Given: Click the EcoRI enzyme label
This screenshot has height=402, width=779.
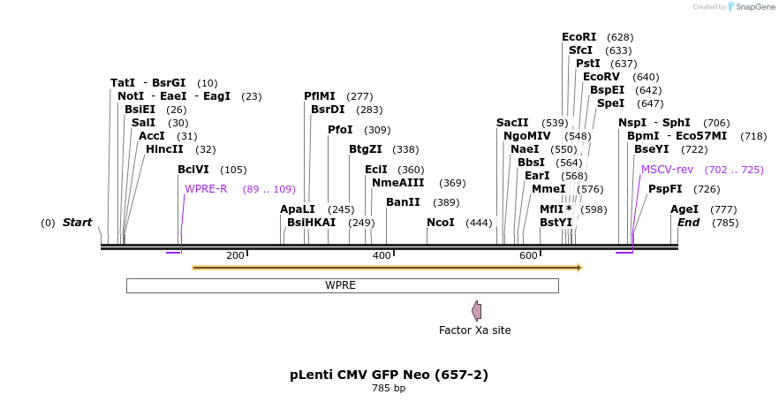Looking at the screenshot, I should click(579, 37).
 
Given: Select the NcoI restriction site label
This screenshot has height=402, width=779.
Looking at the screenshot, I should click(440, 223).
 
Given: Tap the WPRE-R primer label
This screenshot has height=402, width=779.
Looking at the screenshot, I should click(206, 189).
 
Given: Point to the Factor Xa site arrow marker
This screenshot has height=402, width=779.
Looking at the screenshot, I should click(477, 310).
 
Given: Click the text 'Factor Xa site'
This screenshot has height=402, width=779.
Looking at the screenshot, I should click(474, 330).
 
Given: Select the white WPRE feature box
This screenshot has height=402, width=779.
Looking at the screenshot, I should click(342, 285).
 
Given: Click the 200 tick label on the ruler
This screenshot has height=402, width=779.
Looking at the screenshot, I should click(235, 256).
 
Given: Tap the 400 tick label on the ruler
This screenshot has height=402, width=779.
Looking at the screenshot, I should click(382, 256).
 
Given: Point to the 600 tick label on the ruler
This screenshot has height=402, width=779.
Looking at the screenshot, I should click(528, 256).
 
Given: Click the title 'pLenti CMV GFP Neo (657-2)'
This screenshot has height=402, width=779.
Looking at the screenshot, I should click(389, 375).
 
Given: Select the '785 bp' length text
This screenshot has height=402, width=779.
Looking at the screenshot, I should click(389, 389).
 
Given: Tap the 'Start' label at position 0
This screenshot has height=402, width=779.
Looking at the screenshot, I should click(77, 223).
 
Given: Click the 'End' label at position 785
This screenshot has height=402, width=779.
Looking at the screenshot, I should click(688, 223).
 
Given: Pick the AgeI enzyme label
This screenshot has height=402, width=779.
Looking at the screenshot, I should click(684, 209).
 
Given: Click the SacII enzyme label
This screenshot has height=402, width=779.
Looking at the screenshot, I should click(512, 123).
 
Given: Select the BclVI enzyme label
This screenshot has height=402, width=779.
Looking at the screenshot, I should click(193, 170).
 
